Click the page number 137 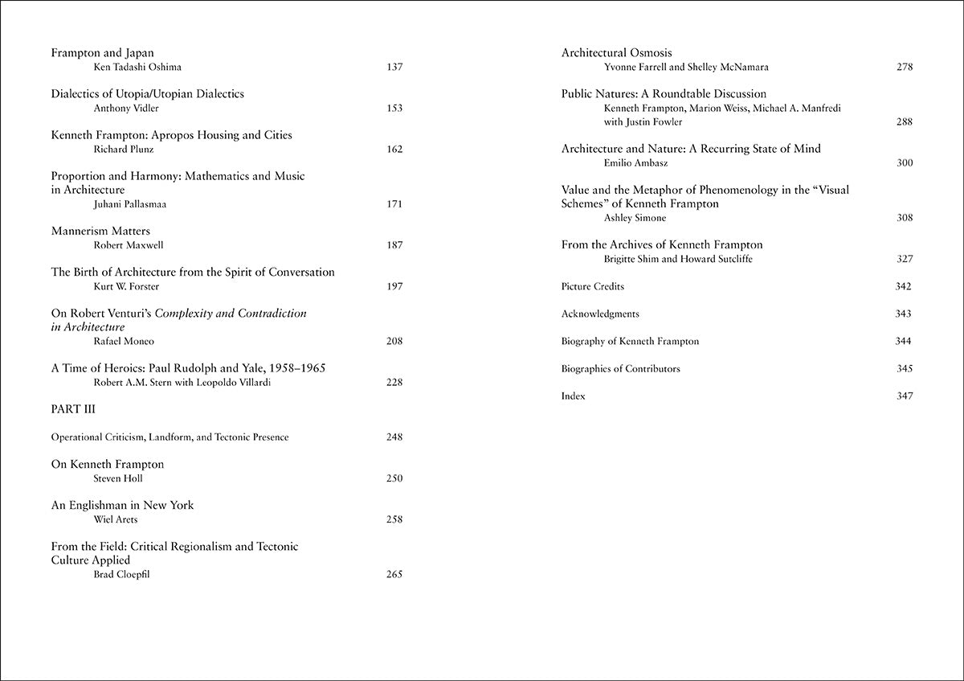pos(394,67)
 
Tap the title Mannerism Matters pos(100,231)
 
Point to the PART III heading pos(73,409)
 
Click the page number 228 pos(394,382)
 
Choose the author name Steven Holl pos(117,478)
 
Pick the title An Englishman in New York pos(122,505)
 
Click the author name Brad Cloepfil pos(123,574)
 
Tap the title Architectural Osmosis pos(616,53)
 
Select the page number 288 pos(904,122)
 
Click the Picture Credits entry pos(592,286)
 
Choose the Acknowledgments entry pos(600,314)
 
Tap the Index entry pos(573,396)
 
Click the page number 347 pos(904,396)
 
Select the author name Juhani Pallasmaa pos(130,204)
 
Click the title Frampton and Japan pos(102,53)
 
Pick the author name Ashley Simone pos(635,218)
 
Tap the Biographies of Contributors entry pos(620,368)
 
